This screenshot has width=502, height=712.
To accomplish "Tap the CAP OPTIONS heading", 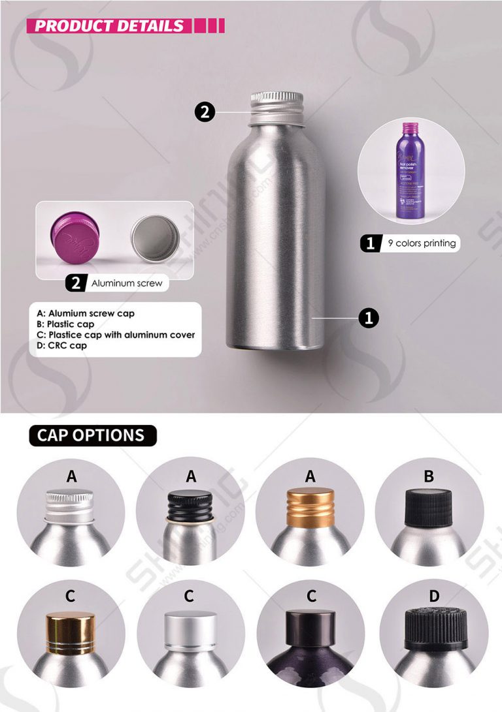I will [x=91, y=435].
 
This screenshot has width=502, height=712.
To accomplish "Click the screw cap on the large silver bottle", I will [x=276, y=107].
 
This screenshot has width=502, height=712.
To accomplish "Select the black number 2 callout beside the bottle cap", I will [x=205, y=112].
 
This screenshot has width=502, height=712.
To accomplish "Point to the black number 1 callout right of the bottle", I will [x=368, y=318].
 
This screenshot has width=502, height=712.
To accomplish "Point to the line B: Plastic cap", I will [x=65, y=324].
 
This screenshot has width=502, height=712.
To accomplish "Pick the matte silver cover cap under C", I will [x=190, y=628].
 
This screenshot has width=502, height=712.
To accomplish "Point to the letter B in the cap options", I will [x=429, y=476].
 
